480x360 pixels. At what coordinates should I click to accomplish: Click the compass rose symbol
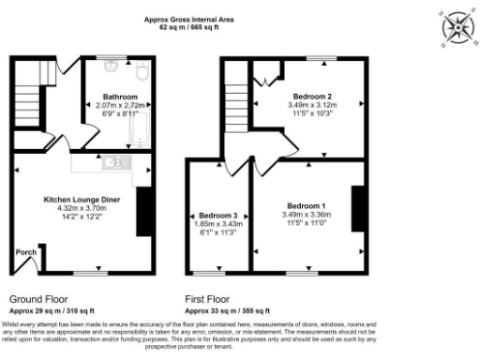[454, 25]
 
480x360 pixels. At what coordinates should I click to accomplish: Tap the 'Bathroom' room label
[121, 97]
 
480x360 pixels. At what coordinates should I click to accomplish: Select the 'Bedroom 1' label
[307, 205]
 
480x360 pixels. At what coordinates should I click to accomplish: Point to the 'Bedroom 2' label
[309, 96]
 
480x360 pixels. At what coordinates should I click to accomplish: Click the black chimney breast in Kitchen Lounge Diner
[142, 211]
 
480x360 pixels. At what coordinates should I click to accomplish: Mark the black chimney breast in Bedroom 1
[364, 209]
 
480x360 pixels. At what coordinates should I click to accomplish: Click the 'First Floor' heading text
[206, 299]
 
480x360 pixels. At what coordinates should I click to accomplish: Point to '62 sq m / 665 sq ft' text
[188, 28]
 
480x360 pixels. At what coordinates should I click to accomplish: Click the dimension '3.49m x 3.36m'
[307, 214]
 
